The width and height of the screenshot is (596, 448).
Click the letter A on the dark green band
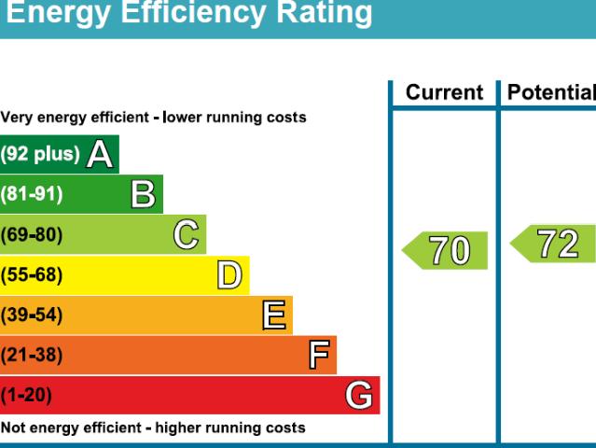click(x=100, y=154)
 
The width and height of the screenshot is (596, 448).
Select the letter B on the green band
click(x=143, y=194)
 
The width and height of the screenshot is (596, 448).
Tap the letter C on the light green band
click(x=187, y=234)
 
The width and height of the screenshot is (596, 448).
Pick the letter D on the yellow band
click(x=229, y=275)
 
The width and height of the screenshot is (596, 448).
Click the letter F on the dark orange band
click(x=319, y=356)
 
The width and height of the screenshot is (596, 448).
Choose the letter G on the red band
click(x=359, y=396)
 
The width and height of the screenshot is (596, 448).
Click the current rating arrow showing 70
click(x=447, y=250)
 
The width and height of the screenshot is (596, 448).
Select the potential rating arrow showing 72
click(x=555, y=244)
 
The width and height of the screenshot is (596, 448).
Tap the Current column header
click(x=444, y=93)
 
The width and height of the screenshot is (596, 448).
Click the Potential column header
click(x=550, y=93)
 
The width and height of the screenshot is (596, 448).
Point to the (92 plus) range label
click(x=40, y=154)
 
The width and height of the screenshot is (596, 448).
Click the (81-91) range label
click(x=32, y=194)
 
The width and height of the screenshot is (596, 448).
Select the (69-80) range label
click(x=32, y=234)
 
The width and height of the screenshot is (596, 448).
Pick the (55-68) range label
click(x=32, y=275)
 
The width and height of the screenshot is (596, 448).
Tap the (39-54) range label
click(x=32, y=315)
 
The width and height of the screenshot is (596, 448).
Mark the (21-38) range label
click(x=32, y=356)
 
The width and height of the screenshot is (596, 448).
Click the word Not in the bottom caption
click(x=12, y=428)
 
